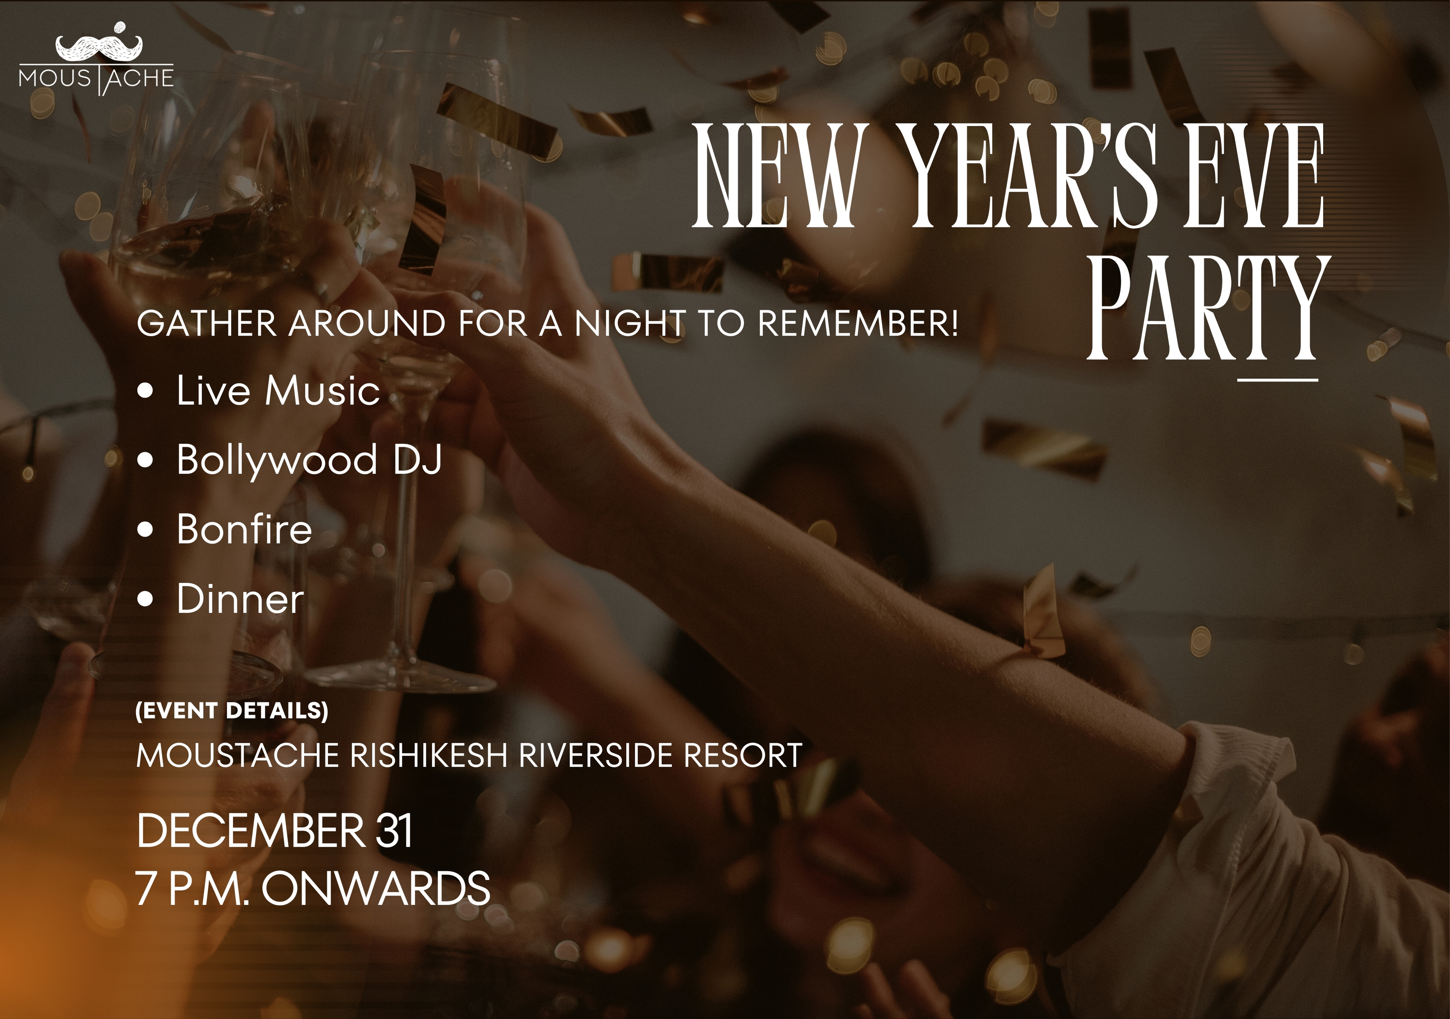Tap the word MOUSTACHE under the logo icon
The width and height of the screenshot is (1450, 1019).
[x=96, y=78]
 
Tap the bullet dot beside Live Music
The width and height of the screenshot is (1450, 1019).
[x=146, y=391]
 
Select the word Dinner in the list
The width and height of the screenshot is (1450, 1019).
[x=240, y=599]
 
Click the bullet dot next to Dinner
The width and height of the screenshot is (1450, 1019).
[x=146, y=599]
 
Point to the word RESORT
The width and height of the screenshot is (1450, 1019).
[x=743, y=755]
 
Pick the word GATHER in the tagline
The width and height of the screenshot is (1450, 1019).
[x=207, y=323]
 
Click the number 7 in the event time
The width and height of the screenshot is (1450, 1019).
[x=146, y=888]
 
